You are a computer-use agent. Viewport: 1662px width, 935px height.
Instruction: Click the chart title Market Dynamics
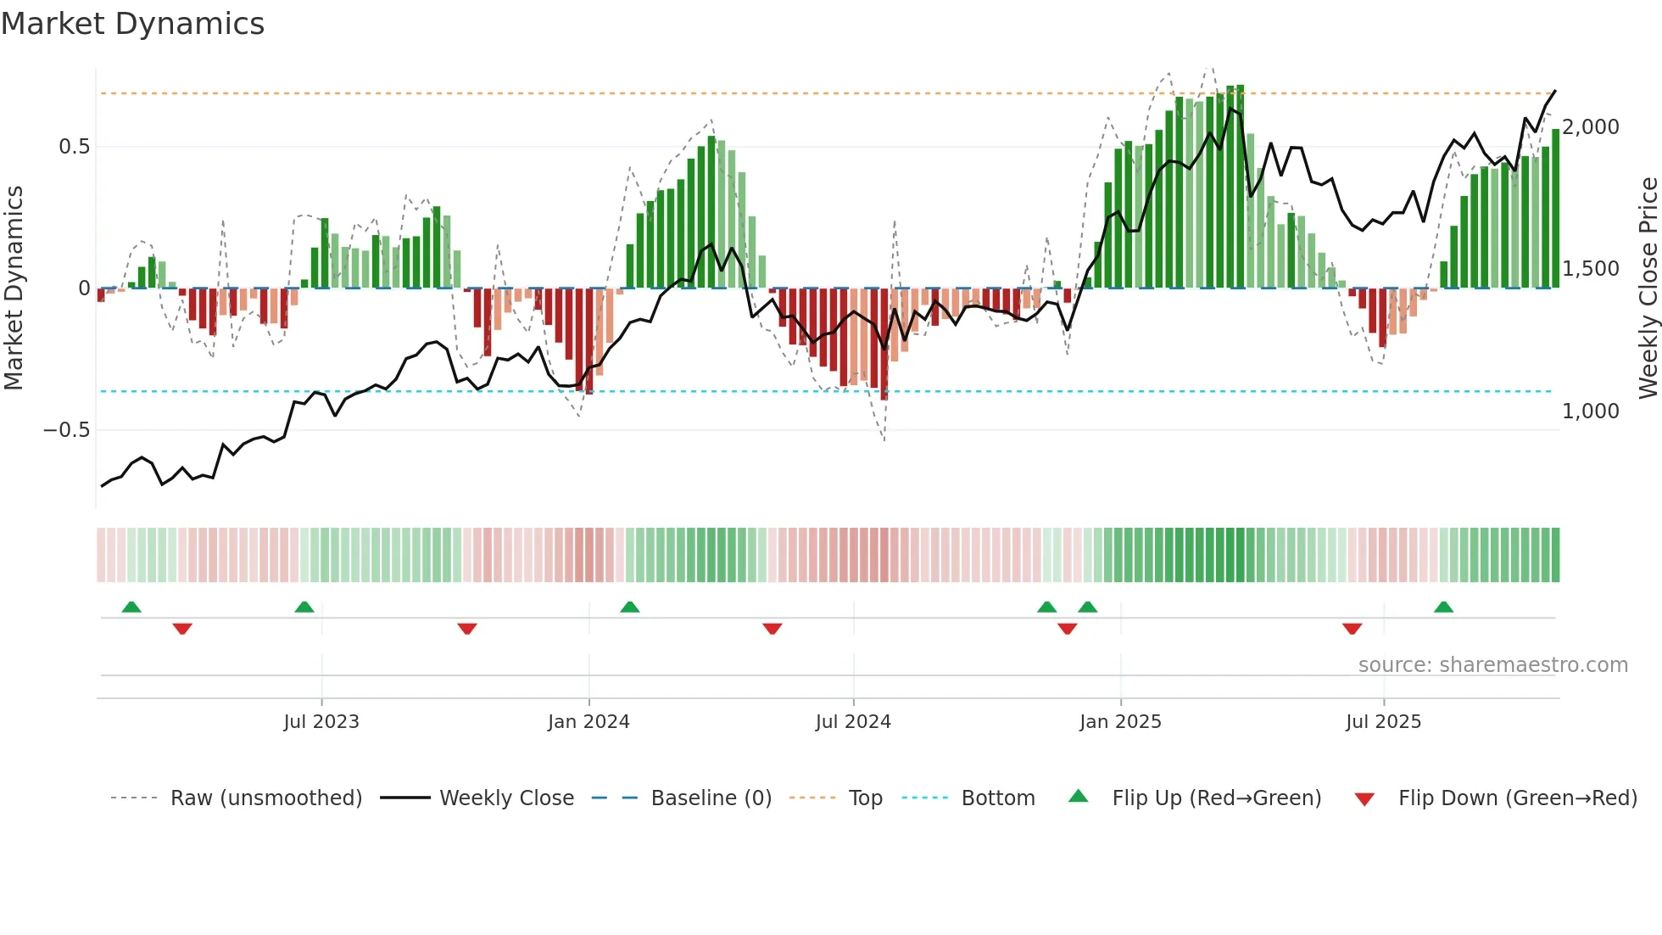132,24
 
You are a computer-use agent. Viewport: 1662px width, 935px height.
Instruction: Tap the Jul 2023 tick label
321,722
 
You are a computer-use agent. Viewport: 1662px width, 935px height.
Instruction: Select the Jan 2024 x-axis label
588,722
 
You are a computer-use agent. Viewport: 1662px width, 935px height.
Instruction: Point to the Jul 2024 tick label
853,722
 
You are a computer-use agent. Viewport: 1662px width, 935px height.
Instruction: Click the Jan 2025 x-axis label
1120,722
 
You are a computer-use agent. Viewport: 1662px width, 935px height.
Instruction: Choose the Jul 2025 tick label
1383,722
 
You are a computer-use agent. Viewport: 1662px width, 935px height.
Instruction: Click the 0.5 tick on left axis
74,147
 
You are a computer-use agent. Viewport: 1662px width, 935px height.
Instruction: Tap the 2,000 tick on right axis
1591,127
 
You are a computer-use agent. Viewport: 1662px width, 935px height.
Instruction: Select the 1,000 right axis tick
1591,412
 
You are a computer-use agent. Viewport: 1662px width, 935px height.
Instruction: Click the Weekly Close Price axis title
1648,288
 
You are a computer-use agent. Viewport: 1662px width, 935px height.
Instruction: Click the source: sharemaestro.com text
1492,665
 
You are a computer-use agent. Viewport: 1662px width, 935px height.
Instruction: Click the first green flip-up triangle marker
131,607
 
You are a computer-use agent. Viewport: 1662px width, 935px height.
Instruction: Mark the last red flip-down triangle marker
1352,629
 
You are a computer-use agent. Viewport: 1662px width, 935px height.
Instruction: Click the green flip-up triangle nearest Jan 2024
629,607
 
